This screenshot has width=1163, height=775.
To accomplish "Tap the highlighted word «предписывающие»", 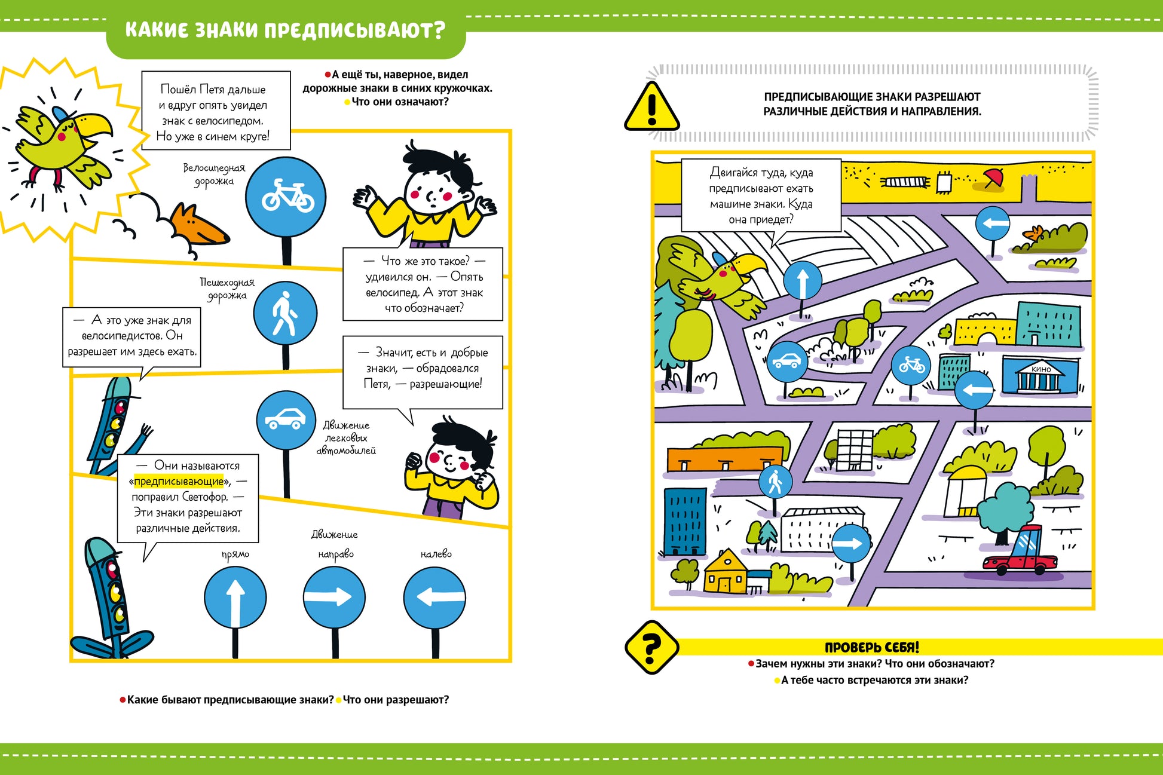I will pos(179,482).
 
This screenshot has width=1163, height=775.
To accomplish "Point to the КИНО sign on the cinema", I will pos(1040,369).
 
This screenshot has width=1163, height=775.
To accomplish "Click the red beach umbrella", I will pos(993,177).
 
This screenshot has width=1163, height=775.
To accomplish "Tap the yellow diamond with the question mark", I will pos(651,647).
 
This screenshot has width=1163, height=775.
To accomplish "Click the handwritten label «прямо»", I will pos(235,555).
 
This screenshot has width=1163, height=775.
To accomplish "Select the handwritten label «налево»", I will pos(436,554).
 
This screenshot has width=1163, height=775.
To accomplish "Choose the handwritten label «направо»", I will pos(336,555).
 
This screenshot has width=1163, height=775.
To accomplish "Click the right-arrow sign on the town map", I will pos(850,544).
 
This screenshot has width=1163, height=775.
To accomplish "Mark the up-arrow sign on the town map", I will pos(802,280).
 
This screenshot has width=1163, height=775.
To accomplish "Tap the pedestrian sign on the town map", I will pos(775,482).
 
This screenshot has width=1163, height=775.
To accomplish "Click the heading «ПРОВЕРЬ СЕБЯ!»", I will pos(871,647).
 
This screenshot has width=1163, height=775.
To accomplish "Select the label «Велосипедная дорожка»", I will pos(214,174).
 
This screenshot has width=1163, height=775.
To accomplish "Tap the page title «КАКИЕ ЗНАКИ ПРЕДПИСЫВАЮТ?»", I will pos(285,30).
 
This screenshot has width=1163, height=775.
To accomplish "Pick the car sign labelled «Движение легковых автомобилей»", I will pos(286,419).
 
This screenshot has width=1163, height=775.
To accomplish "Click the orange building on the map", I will pos(725,459).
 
